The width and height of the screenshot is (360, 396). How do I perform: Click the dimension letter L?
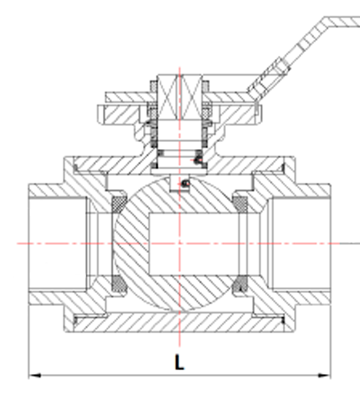tap(179, 362)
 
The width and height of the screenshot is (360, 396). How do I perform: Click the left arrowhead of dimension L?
tap(34, 375)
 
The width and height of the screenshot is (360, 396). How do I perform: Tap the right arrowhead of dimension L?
tap(324, 375)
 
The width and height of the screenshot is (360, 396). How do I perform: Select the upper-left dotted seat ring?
tap(119, 204)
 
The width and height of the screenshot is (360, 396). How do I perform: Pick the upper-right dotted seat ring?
tap(240, 204)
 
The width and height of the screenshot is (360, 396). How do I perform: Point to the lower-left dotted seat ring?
tap(119, 284)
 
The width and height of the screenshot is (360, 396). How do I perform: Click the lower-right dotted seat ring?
tap(240, 284)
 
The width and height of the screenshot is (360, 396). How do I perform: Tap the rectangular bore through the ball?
tap(194, 244)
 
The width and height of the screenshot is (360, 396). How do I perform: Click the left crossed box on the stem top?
tap(168, 97)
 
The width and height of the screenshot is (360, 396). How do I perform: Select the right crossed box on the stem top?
tap(191, 97)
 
